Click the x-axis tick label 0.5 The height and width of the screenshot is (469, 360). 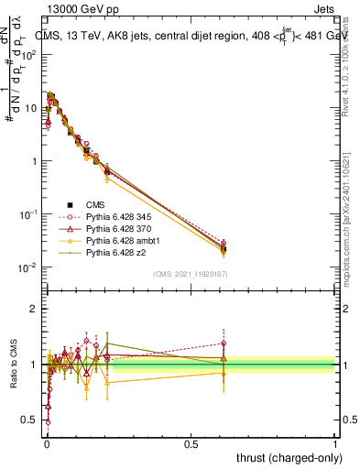(x=191, y=442)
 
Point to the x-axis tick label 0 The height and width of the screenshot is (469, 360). (x=47, y=442)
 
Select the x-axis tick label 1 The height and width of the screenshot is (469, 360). (x=335, y=442)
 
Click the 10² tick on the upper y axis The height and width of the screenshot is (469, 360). (x=29, y=54)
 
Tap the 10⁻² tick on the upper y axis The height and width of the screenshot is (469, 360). (x=29, y=267)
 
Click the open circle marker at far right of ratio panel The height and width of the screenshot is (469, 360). (x=224, y=344)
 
